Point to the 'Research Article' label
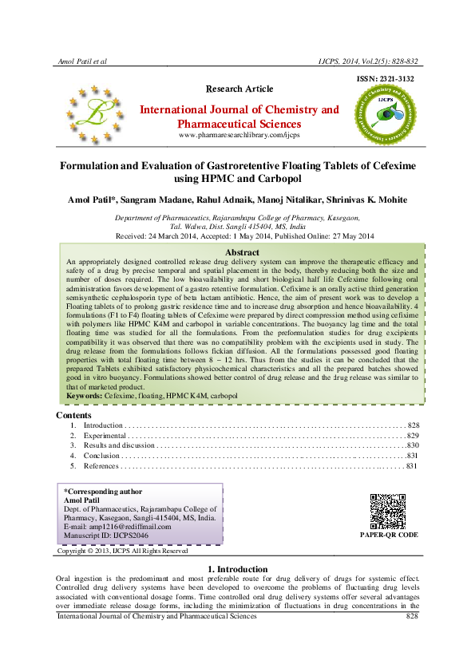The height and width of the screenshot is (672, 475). (239, 89)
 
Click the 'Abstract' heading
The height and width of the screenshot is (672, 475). (243, 230)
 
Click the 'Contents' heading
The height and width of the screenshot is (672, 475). (74, 415)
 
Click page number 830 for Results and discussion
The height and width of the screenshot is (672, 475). (413, 445)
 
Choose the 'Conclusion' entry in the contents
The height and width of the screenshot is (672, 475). (101, 456)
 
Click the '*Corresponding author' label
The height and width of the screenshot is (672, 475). (103, 492)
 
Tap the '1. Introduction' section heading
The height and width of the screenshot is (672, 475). (237, 569)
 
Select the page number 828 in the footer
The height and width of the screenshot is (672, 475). (412, 616)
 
